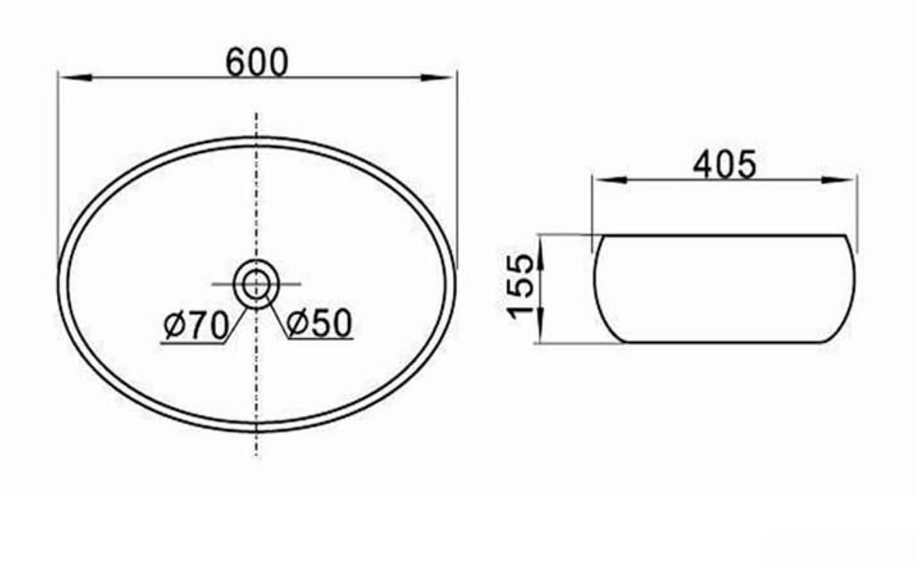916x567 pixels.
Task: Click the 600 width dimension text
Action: point(257,62)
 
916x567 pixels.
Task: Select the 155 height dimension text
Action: point(520,286)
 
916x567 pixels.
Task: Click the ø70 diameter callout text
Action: point(196,325)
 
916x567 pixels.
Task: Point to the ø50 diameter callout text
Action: point(319,323)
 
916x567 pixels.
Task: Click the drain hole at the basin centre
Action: point(256,284)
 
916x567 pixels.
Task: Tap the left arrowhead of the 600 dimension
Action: point(75,78)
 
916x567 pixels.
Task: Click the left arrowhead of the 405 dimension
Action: point(610,180)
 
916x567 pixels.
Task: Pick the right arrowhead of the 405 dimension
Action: point(838,180)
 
